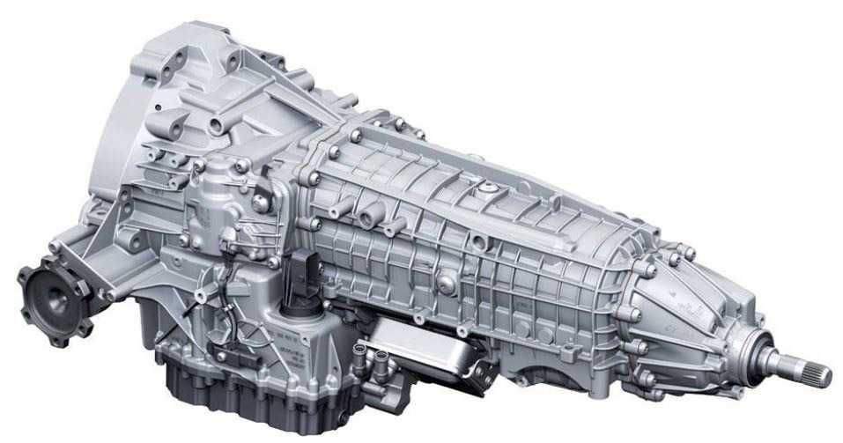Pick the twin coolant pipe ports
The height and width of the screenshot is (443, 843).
[361, 356]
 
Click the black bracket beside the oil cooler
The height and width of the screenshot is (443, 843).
[480, 370]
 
